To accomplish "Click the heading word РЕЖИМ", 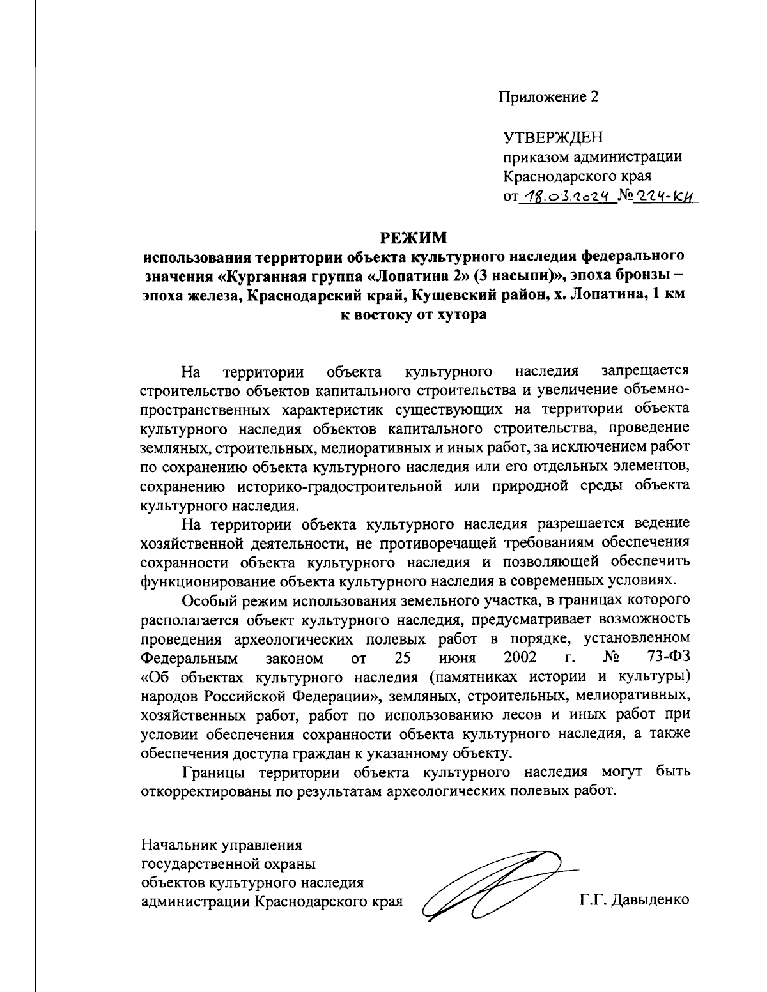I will point(414,238).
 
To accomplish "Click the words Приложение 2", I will point(549,97).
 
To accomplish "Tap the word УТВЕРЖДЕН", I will point(553,137).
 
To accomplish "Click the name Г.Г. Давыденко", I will point(635,901).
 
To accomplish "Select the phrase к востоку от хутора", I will point(414,315).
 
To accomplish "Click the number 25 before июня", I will point(402,657).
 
